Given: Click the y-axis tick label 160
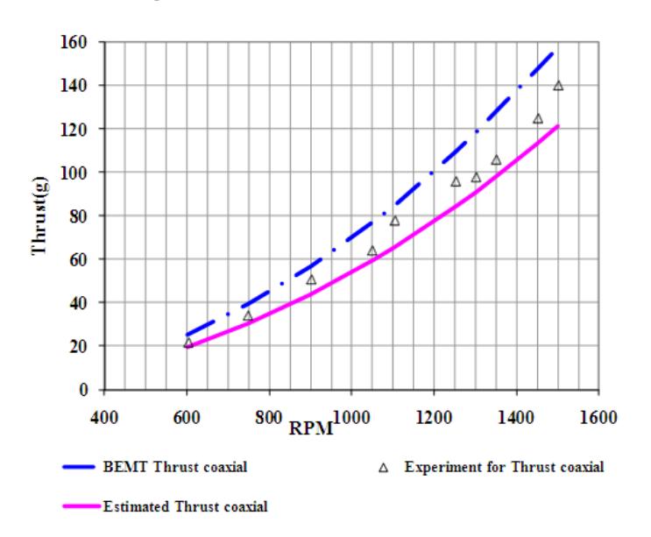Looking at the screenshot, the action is [74, 42].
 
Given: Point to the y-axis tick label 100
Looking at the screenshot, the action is [74, 173].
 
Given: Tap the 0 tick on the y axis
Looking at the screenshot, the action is [83, 390].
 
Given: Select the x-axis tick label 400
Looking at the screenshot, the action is [104, 417].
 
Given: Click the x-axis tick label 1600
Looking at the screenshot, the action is [598, 417].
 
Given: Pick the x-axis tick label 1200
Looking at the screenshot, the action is [434, 417].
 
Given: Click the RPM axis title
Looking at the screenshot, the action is [311, 428].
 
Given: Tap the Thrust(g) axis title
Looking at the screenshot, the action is [39, 216].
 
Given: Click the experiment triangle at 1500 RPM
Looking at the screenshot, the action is [558, 86].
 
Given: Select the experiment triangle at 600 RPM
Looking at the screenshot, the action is [188, 343].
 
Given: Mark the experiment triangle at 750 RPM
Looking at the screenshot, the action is [248, 316].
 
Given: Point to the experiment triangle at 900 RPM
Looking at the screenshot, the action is [311, 279].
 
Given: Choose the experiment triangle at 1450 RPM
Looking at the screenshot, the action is [538, 118].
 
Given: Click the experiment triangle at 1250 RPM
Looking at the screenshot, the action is [456, 181].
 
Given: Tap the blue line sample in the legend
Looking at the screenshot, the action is [79, 467].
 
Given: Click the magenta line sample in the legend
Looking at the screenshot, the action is [81, 505].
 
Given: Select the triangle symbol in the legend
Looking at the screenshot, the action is [383, 468].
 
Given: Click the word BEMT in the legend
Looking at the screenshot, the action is [125, 467].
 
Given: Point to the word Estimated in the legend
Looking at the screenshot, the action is [137, 506].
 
